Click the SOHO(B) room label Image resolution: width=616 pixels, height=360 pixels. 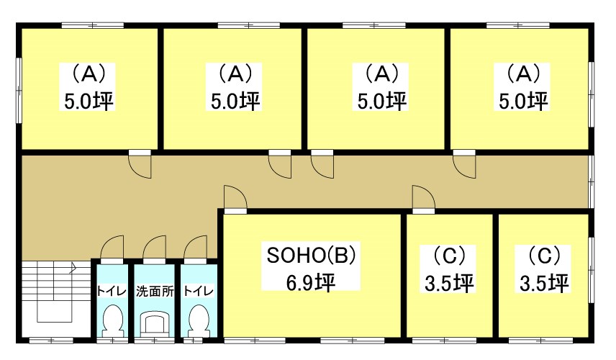(312, 255)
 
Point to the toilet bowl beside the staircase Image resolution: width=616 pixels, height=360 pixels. (112, 320)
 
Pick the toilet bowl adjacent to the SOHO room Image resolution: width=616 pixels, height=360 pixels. (196, 320)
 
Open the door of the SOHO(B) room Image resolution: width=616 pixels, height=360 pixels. (235, 198)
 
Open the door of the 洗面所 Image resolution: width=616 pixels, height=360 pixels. (154, 250)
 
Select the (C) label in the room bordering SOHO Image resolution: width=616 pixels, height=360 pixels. (450, 255)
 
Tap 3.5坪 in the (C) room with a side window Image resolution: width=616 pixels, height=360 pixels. (545, 283)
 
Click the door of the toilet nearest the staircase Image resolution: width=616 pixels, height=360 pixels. (112, 250)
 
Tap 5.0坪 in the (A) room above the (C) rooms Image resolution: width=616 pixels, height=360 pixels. (523, 100)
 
